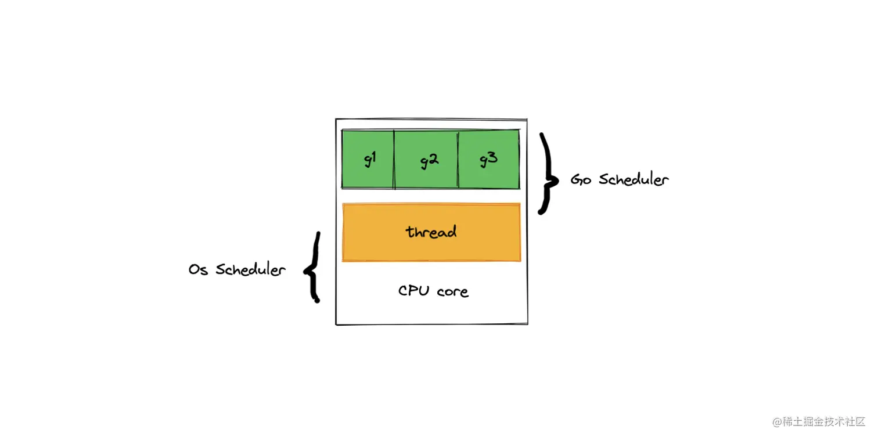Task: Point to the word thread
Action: click(x=431, y=232)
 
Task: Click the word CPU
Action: click(x=413, y=290)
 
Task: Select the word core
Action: click(x=452, y=291)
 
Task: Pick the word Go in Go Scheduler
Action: click(x=581, y=179)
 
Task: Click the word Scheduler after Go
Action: click(x=634, y=179)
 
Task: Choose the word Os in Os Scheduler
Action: click(x=198, y=270)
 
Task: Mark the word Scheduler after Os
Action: click(x=251, y=270)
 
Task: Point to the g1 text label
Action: click(x=370, y=159)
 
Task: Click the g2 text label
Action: click(x=429, y=161)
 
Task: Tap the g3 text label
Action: click(x=488, y=159)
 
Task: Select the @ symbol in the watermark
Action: click(x=776, y=422)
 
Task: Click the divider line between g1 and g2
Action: click(x=394, y=159)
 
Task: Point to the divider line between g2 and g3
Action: click(x=458, y=159)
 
